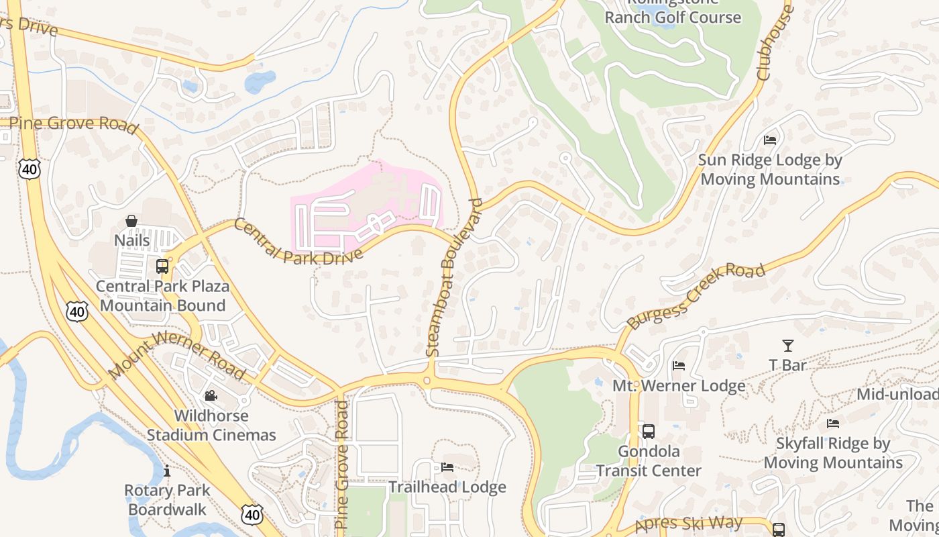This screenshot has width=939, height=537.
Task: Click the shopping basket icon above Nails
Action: click(x=131, y=221)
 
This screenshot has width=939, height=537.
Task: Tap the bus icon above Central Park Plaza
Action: click(x=162, y=266)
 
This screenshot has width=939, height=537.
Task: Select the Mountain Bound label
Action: click(x=162, y=305)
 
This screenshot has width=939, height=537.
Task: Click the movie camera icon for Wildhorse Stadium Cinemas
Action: click(x=211, y=396)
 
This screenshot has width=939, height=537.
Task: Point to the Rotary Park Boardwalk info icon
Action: click(x=166, y=471)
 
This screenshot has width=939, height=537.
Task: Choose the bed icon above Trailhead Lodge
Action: click(x=447, y=467)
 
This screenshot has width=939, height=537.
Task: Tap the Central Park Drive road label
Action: click(x=298, y=241)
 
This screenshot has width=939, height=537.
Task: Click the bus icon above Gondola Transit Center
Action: click(x=648, y=431)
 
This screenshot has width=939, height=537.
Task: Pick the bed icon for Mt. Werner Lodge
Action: click(x=679, y=366)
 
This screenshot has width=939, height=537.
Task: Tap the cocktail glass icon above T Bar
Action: click(x=787, y=346)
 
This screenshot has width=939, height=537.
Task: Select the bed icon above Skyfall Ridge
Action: click(x=833, y=424)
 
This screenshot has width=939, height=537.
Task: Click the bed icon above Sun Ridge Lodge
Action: click(x=770, y=140)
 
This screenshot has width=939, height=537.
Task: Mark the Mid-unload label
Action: click(x=897, y=394)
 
